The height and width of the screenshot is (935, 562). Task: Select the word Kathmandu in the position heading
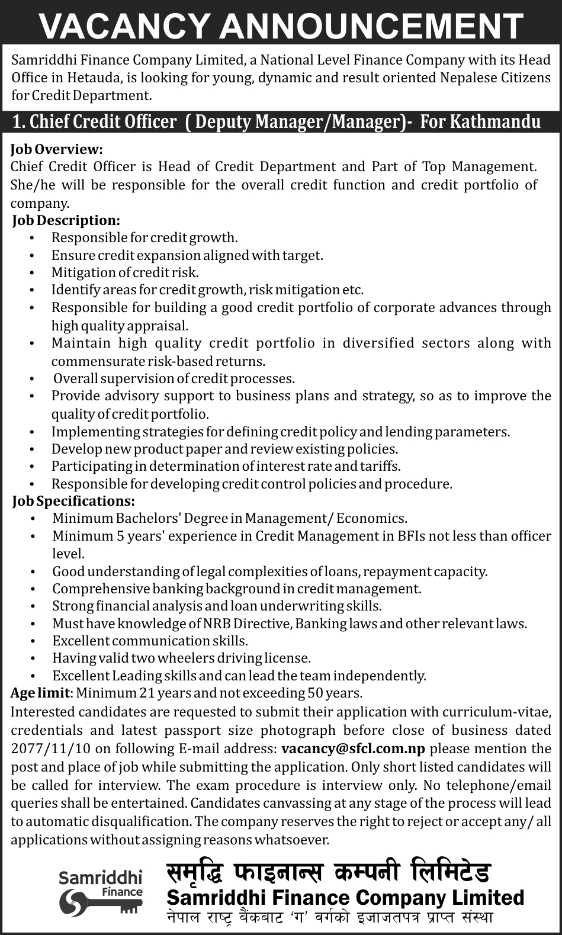click(x=496, y=121)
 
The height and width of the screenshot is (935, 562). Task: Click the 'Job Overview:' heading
click(x=57, y=149)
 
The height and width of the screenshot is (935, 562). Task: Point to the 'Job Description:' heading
click(x=66, y=220)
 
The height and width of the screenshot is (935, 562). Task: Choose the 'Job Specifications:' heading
click(x=73, y=501)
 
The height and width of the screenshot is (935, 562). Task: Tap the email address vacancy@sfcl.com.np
click(x=354, y=748)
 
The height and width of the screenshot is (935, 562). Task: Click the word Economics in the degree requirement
click(x=371, y=519)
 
